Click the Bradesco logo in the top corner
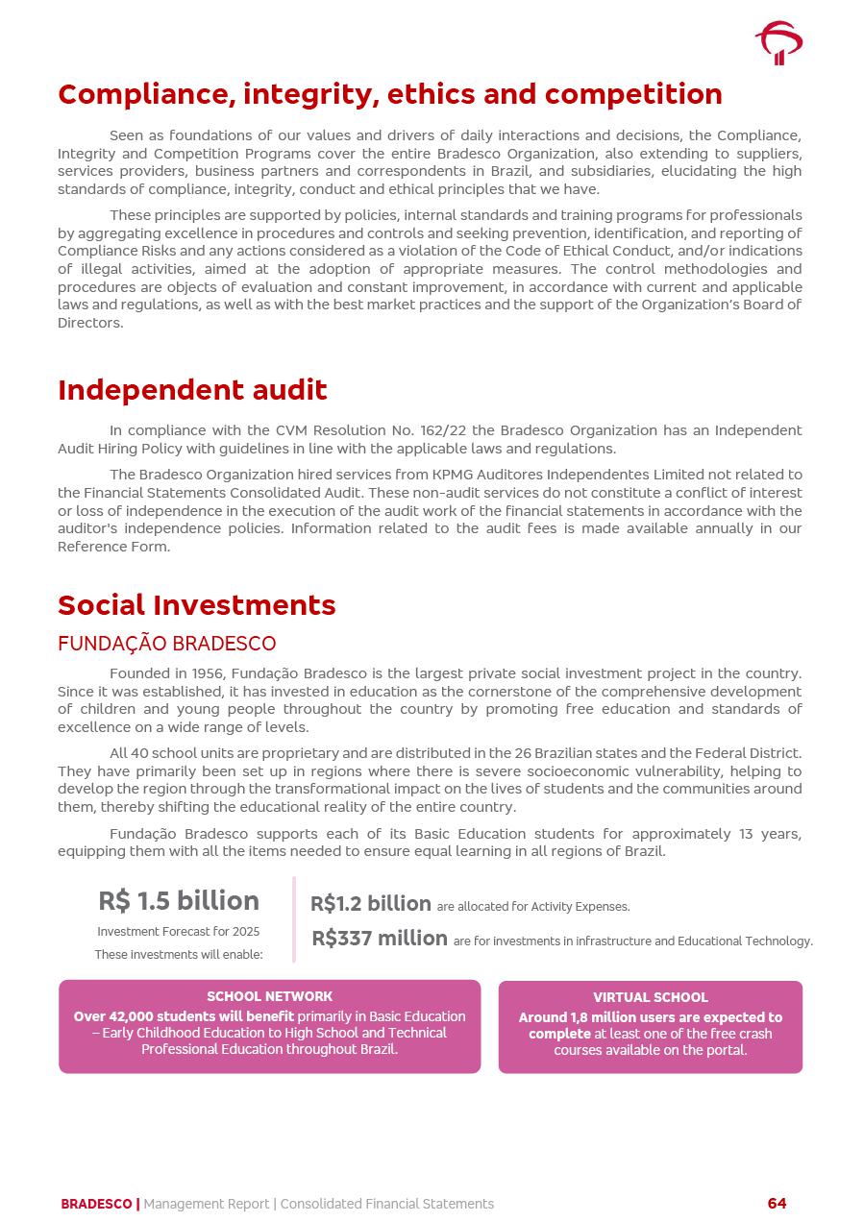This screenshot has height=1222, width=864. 778,43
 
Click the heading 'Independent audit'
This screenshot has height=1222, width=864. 192,390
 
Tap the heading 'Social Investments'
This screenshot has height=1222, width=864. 197,605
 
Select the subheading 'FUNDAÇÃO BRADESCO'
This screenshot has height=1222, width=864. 167,644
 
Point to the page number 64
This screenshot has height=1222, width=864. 777,1204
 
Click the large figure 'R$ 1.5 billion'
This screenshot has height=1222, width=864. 179,901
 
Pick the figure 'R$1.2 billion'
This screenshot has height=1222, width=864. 371,904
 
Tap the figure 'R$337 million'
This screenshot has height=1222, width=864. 380,939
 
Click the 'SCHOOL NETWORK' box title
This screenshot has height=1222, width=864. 270,997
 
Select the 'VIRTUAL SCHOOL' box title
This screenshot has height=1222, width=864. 651,998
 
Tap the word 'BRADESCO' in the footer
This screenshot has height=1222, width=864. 96,1204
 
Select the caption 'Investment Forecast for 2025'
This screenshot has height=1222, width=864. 179,932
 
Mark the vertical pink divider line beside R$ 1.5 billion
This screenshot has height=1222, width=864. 294,919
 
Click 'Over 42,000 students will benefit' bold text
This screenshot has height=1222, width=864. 184,1016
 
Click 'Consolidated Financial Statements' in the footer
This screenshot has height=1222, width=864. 387,1204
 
